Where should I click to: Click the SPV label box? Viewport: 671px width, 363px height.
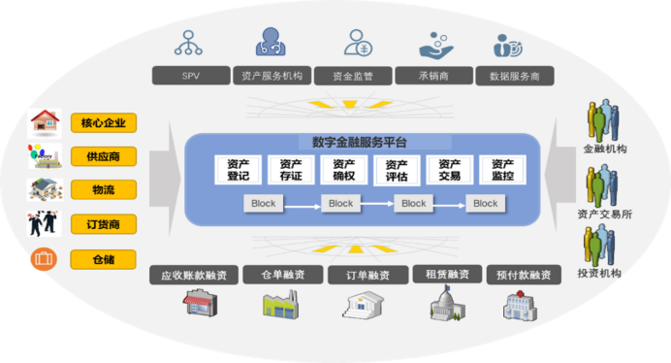[x=190, y=75]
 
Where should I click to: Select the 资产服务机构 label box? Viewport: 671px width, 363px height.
[x=272, y=75]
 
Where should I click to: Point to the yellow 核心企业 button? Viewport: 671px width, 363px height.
[x=104, y=122]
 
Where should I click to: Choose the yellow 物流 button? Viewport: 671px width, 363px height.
[x=104, y=190]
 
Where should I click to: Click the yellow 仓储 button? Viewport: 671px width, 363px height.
[x=104, y=259]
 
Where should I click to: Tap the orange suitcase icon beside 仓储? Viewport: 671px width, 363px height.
[x=43, y=259]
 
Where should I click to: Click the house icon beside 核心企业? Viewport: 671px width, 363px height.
[x=45, y=122]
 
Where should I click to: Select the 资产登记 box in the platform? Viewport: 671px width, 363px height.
[x=238, y=171]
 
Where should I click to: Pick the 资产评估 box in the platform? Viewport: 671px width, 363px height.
[x=397, y=171]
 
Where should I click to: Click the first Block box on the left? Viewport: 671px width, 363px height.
[x=263, y=204]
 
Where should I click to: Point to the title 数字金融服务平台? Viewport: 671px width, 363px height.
[x=360, y=142]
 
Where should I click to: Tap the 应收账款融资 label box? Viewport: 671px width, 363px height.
[x=195, y=275]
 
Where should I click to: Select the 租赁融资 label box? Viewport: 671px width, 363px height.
[x=440, y=275]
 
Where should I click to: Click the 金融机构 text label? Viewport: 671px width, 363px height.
[x=604, y=150]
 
